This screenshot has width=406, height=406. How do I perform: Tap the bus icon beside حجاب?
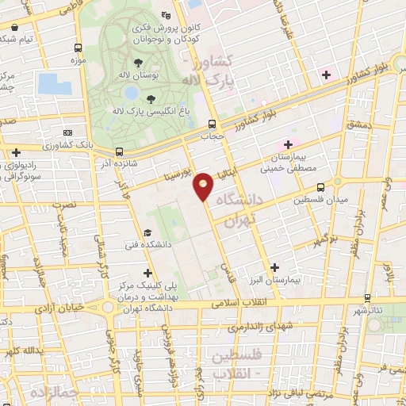click(x=212, y=124)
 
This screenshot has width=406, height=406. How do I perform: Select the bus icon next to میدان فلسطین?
click(x=320, y=188)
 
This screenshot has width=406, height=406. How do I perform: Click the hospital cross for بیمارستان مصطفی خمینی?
click(x=288, y=144)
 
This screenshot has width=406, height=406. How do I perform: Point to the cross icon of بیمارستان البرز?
click(x=274, y=267)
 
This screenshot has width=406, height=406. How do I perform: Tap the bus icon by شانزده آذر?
click(x=119, y=151)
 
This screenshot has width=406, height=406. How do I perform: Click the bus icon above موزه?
click(x=78, y=47)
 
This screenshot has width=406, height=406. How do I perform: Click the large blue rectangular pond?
click(x=48, y=83)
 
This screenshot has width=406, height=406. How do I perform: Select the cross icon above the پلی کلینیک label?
click(x=147, y=272)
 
